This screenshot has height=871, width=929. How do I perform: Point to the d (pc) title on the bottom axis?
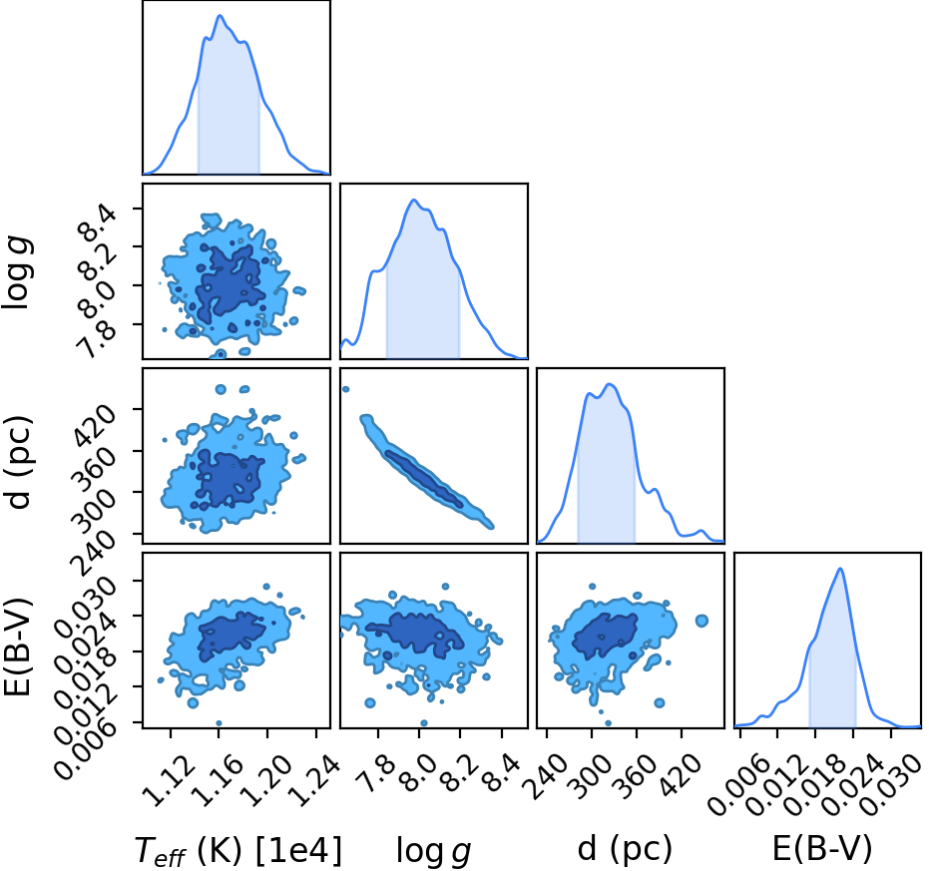click(625, 850)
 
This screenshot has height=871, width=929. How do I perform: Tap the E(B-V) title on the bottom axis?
click(823, 850)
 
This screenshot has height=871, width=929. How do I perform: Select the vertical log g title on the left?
click(18, 272)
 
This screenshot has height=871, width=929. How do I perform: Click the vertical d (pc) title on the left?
click(18, 463)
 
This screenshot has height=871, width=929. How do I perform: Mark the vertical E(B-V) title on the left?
click(17, 649)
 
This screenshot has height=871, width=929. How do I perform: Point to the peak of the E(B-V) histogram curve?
click(839, 569)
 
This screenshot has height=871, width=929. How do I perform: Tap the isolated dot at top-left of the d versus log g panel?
click(346, 389)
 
